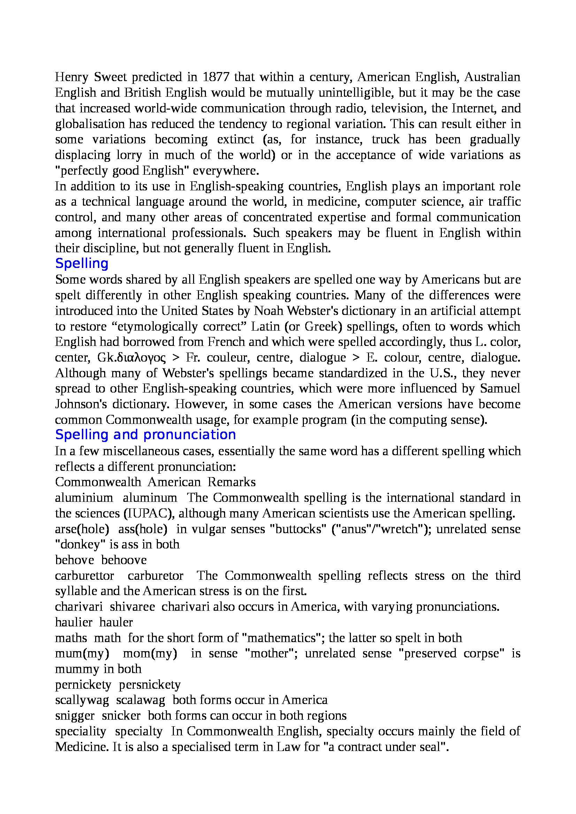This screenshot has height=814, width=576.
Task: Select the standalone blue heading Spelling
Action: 82,263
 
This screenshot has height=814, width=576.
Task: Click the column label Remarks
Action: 231,482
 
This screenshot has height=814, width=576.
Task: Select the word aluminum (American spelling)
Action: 150,498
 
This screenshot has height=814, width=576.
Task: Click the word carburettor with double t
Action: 84,576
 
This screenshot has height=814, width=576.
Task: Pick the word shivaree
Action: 132,607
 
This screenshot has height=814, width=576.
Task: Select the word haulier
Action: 74,622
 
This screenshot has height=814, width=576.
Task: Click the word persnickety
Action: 149,685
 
